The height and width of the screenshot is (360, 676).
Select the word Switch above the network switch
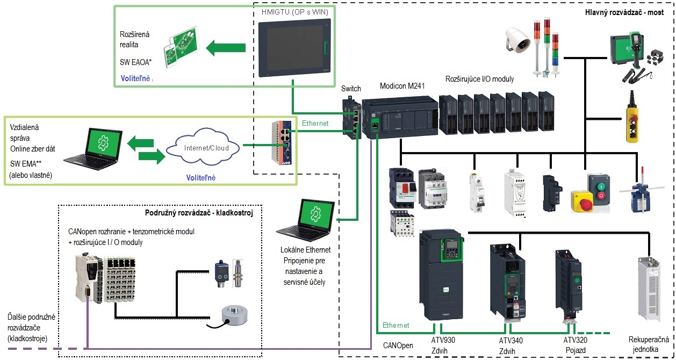351,89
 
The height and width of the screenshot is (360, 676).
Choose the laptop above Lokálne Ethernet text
306,220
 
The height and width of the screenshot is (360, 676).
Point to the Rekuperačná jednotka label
648,345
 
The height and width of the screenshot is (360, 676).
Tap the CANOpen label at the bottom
398,345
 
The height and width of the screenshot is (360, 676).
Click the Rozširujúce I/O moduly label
479,79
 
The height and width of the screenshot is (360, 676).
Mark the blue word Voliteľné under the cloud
200,178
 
